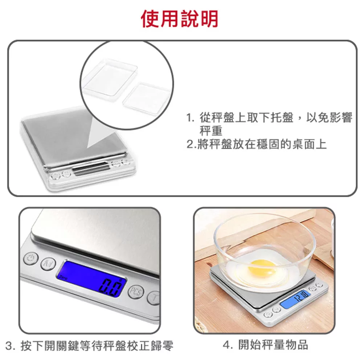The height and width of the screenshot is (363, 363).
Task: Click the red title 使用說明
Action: (179, 19)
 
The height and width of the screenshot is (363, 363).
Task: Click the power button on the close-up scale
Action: (31, 258)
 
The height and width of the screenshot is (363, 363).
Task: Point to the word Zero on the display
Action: (63, 277)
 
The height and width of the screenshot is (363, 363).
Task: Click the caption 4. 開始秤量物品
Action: (266, 345)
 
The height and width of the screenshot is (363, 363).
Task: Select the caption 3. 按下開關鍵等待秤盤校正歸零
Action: (89, 346)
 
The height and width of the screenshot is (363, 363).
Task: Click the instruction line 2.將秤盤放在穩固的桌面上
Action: (257, 144)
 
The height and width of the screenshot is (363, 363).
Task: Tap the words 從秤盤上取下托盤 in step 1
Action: (246, 118)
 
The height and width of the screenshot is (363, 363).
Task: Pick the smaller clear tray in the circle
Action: (146, 98)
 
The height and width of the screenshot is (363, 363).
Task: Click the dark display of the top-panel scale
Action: (91, 168)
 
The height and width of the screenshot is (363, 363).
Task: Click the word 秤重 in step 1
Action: (211, 131)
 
